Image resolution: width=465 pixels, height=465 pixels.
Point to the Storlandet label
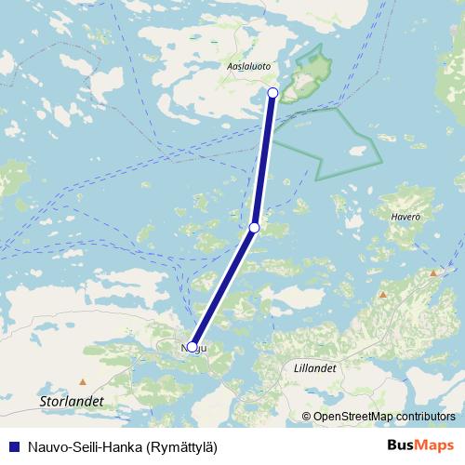(73, 400)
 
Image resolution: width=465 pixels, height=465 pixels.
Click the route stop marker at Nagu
(192, 347)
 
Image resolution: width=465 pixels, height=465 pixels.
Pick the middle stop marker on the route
(254, 227)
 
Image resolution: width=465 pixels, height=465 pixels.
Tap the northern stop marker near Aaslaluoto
(272, 92)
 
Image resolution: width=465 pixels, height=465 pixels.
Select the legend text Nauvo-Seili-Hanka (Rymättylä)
(121, 446)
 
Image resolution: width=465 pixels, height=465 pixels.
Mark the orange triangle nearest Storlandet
(83, 381)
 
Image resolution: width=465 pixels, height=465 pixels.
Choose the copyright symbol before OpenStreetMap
(307, 416)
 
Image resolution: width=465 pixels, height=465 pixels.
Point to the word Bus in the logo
(401, 446)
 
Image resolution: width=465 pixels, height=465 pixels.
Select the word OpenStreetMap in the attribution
(352, 416)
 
